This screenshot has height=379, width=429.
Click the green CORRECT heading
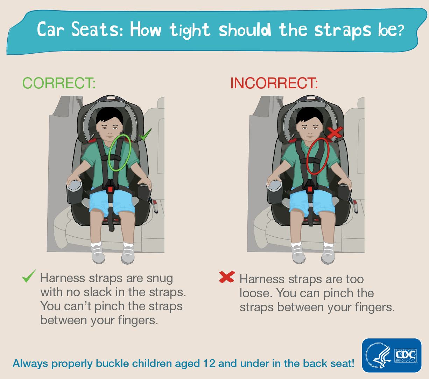coord(59,83)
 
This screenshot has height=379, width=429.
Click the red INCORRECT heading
coord(274,83)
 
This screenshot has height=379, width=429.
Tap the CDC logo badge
coord(392,355)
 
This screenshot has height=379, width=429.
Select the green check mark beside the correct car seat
coord(145,135)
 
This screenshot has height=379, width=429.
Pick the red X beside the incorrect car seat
coord(335,133)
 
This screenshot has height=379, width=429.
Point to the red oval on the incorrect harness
coord(318,156)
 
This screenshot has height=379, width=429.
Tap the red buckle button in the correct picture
coord(111,189)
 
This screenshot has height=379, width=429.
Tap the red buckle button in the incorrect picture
coord(310,189)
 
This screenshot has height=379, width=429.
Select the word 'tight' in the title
coord(190,30)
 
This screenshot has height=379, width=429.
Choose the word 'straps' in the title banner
coord(342,31)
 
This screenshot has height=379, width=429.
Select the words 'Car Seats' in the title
coord(79,30)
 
